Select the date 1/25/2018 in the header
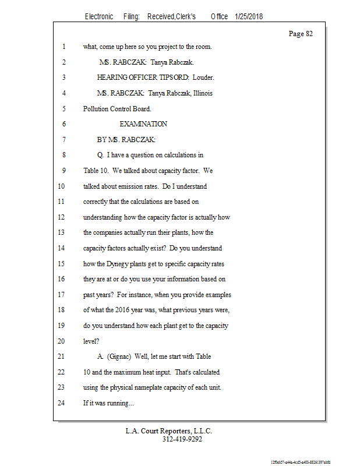[249, 17]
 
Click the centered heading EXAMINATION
[143, 124]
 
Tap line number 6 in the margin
[63, 124]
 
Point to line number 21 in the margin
[61, 356]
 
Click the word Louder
[202, 77]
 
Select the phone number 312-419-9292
[182, 439]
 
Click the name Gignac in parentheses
[119, 356]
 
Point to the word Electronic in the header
[99, 17]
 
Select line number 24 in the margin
[61, 403]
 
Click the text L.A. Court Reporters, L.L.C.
[169, 431]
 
